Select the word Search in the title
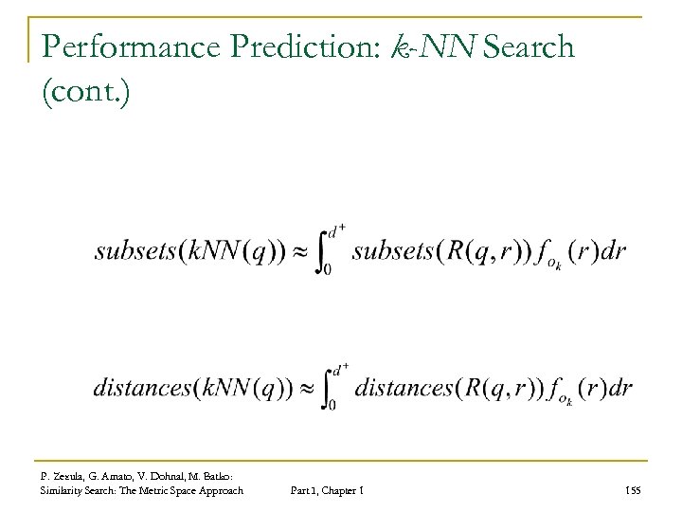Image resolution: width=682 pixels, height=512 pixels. point(527,46)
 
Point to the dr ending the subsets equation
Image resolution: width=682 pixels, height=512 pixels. point(614,252)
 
